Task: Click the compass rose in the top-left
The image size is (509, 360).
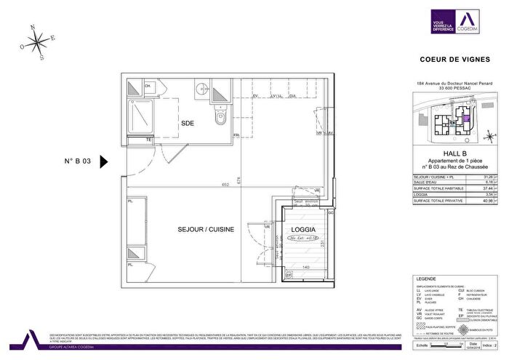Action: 37,42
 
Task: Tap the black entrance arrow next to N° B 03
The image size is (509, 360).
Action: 103,161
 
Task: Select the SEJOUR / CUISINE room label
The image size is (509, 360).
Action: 206,229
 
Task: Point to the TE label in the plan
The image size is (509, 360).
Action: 148,139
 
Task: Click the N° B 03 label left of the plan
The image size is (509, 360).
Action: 77,162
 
